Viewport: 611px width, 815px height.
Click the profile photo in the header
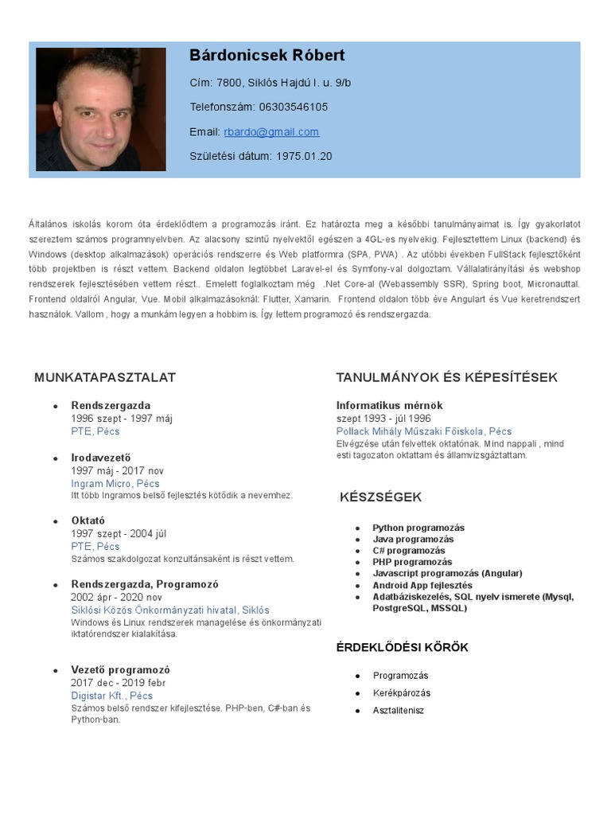(100, 109)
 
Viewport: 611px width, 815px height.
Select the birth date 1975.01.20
(305, 157)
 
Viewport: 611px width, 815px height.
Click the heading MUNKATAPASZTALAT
(105, 377)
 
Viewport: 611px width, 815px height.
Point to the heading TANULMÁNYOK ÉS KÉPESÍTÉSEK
(446, 377)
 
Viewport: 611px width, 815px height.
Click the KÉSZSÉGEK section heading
(380, 497)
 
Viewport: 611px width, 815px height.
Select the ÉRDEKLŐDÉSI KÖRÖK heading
(402, 647)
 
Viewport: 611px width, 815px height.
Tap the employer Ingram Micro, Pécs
(115, 483)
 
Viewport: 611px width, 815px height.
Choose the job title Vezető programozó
(120, 669)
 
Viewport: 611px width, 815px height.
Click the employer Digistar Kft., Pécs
(111, 695)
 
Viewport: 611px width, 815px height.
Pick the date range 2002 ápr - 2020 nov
(117, 597)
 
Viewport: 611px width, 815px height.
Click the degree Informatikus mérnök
(389, 405)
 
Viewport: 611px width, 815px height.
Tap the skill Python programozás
(418, 528)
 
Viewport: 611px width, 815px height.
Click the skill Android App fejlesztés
(422, 585)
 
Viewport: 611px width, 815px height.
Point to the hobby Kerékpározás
(402, 693)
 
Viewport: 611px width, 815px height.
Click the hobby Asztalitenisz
(399, 710)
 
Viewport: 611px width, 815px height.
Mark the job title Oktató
(88, 521)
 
